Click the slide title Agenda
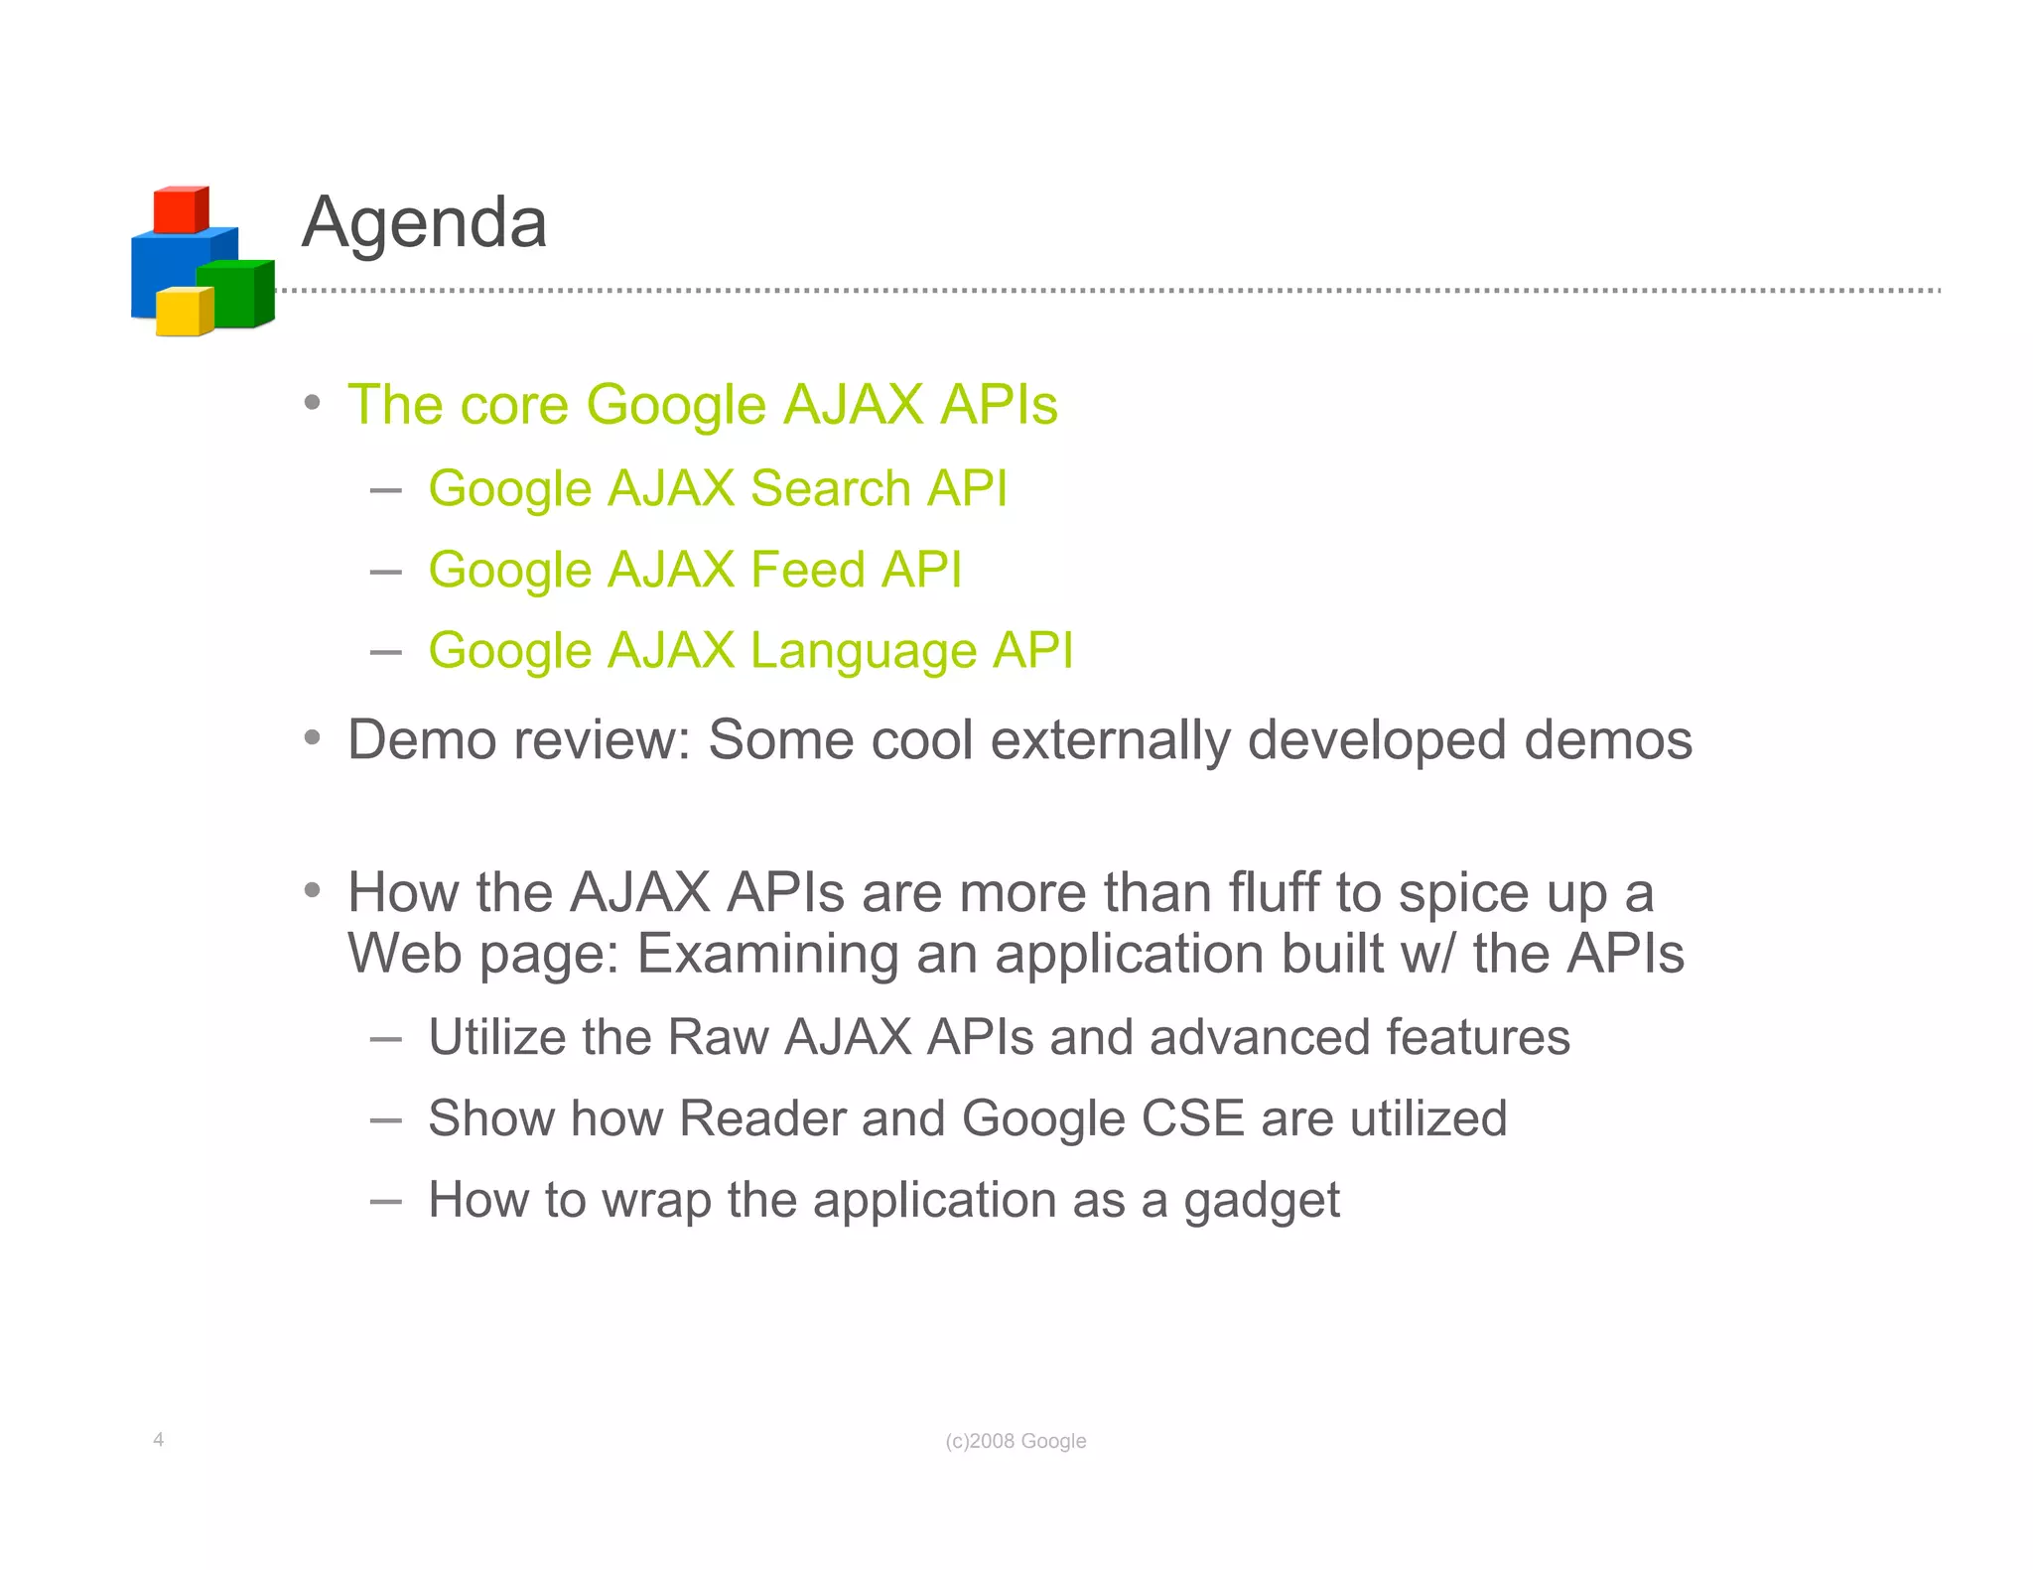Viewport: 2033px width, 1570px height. (x=424, y=222)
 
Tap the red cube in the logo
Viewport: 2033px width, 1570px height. (x=180, y=209)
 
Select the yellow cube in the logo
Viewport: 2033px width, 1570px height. (x=183, y=313)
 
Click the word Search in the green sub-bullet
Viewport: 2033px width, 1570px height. (x=830, y=488)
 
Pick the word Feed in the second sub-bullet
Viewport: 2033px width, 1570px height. (x=807, y=570)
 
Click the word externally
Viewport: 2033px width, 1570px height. (x=1110, y=740)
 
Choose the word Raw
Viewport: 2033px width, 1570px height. (x=718, y=1037)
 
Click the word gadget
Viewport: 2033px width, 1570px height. (x=1261, y=1201)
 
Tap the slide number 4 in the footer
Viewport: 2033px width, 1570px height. (x=159, y=1439)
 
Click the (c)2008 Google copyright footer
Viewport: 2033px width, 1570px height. (x=1016, y=1441)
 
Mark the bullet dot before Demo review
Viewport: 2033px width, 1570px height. (x=313, y=737)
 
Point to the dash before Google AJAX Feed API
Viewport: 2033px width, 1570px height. (x=385, y=572)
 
